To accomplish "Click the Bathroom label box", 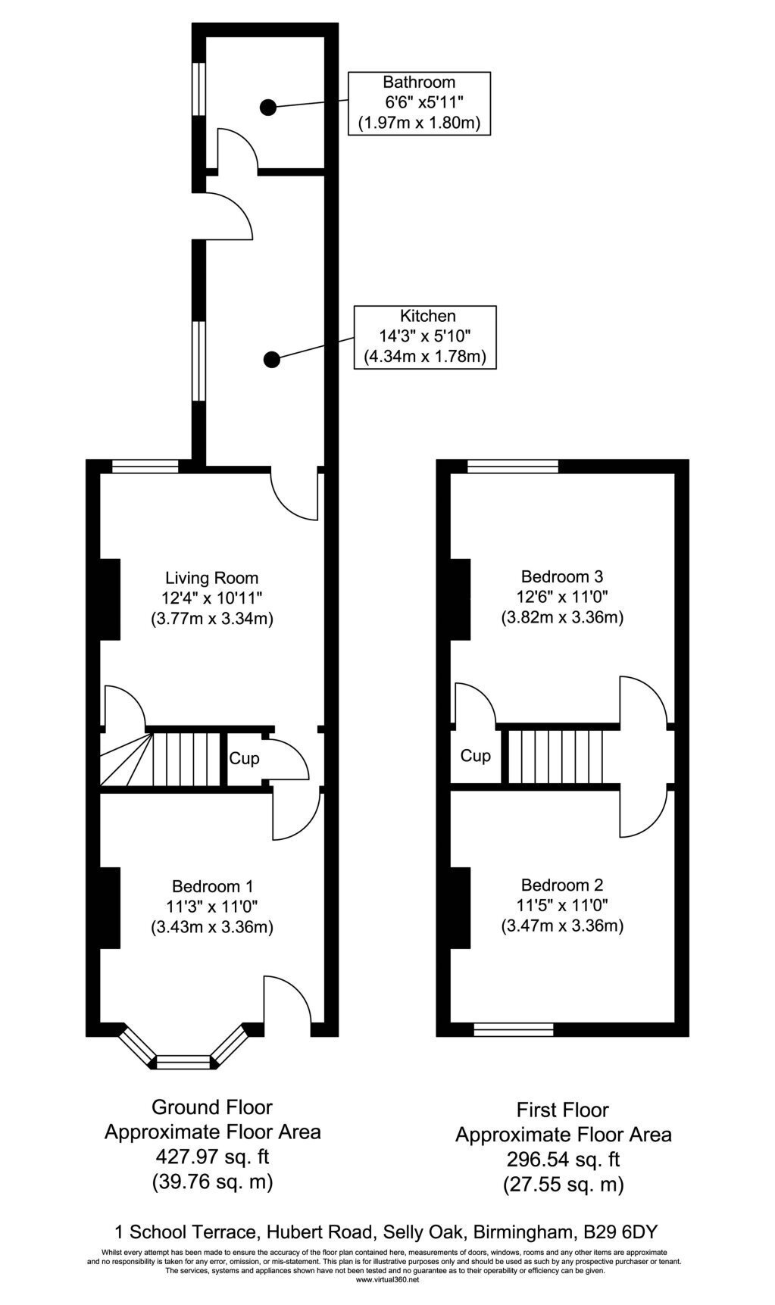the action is (419, 103).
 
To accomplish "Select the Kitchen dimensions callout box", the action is (425, 337).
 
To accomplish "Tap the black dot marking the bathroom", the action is (267, 108).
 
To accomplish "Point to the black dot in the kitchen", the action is (272, 359).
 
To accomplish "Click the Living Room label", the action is (212, 598).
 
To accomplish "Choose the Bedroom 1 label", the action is (212, 906).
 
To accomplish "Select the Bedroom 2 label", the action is (562, 905).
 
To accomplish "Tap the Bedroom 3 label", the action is (562, 597).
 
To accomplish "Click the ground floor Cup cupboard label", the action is (244, 758).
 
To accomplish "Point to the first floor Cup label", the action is (476, 756).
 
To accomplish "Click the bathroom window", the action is (198, 89).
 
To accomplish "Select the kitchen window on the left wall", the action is (198, 361).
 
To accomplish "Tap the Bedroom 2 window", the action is (514, 1029).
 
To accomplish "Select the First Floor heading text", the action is (563, 1110).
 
